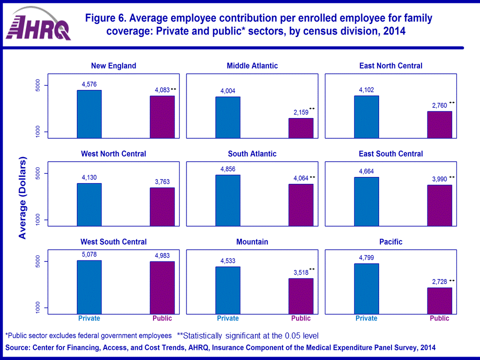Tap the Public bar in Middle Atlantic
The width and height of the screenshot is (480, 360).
click(300, 128)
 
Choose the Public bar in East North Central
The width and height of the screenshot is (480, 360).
click(439, 124)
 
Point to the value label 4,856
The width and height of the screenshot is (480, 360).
click(228, 168)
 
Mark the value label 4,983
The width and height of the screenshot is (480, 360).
click(162, 255)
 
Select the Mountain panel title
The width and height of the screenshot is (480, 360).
click(252, 242)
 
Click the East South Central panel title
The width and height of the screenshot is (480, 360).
click(391, 154)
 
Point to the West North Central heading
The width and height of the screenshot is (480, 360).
click(113, 154)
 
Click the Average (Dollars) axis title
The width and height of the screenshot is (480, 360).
click(22, 198)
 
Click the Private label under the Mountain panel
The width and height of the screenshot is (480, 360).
click(228, 318)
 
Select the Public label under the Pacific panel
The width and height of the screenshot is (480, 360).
click(439, 318)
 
